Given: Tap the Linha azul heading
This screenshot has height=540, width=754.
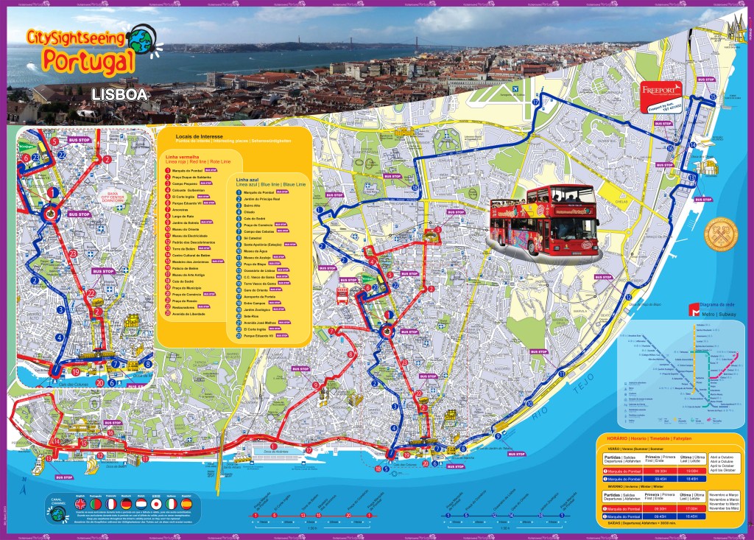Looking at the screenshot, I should pos(247,180).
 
